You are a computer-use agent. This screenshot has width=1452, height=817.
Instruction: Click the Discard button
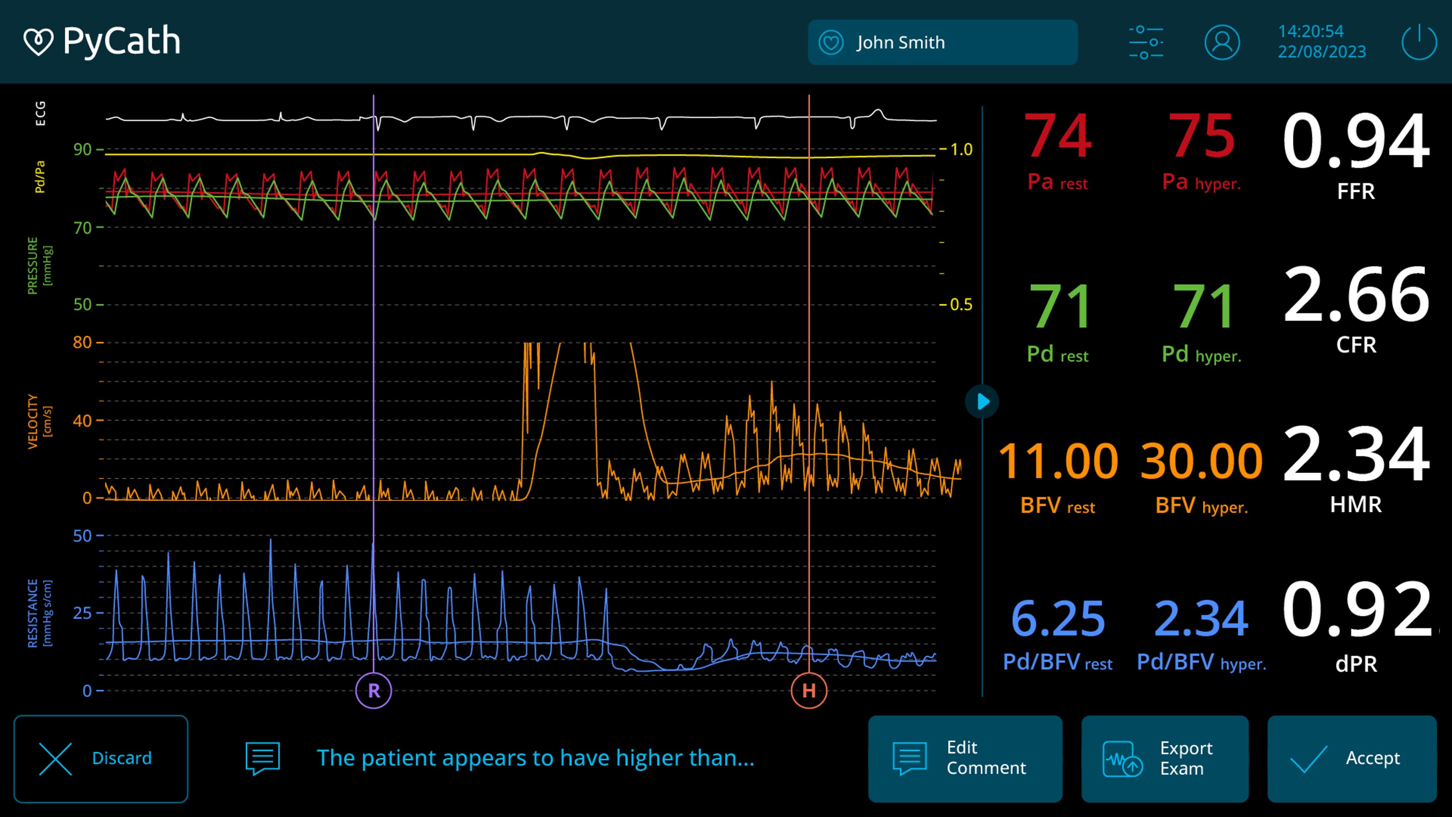[x=100, y=758]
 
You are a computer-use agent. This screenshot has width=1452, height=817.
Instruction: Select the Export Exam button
[x=1165, y=758]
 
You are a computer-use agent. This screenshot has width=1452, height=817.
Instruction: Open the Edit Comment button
[x=965, y=758]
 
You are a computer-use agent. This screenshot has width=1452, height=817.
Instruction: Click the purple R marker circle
[x=374, y=690]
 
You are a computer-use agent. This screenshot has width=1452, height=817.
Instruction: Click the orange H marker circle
[x=809, y=690]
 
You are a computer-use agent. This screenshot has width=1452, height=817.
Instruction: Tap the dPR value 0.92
[x=1356, y=610]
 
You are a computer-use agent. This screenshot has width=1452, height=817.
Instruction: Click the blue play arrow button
[x=982, y=401]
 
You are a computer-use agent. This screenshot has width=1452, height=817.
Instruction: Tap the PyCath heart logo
[x=38, y=42]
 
